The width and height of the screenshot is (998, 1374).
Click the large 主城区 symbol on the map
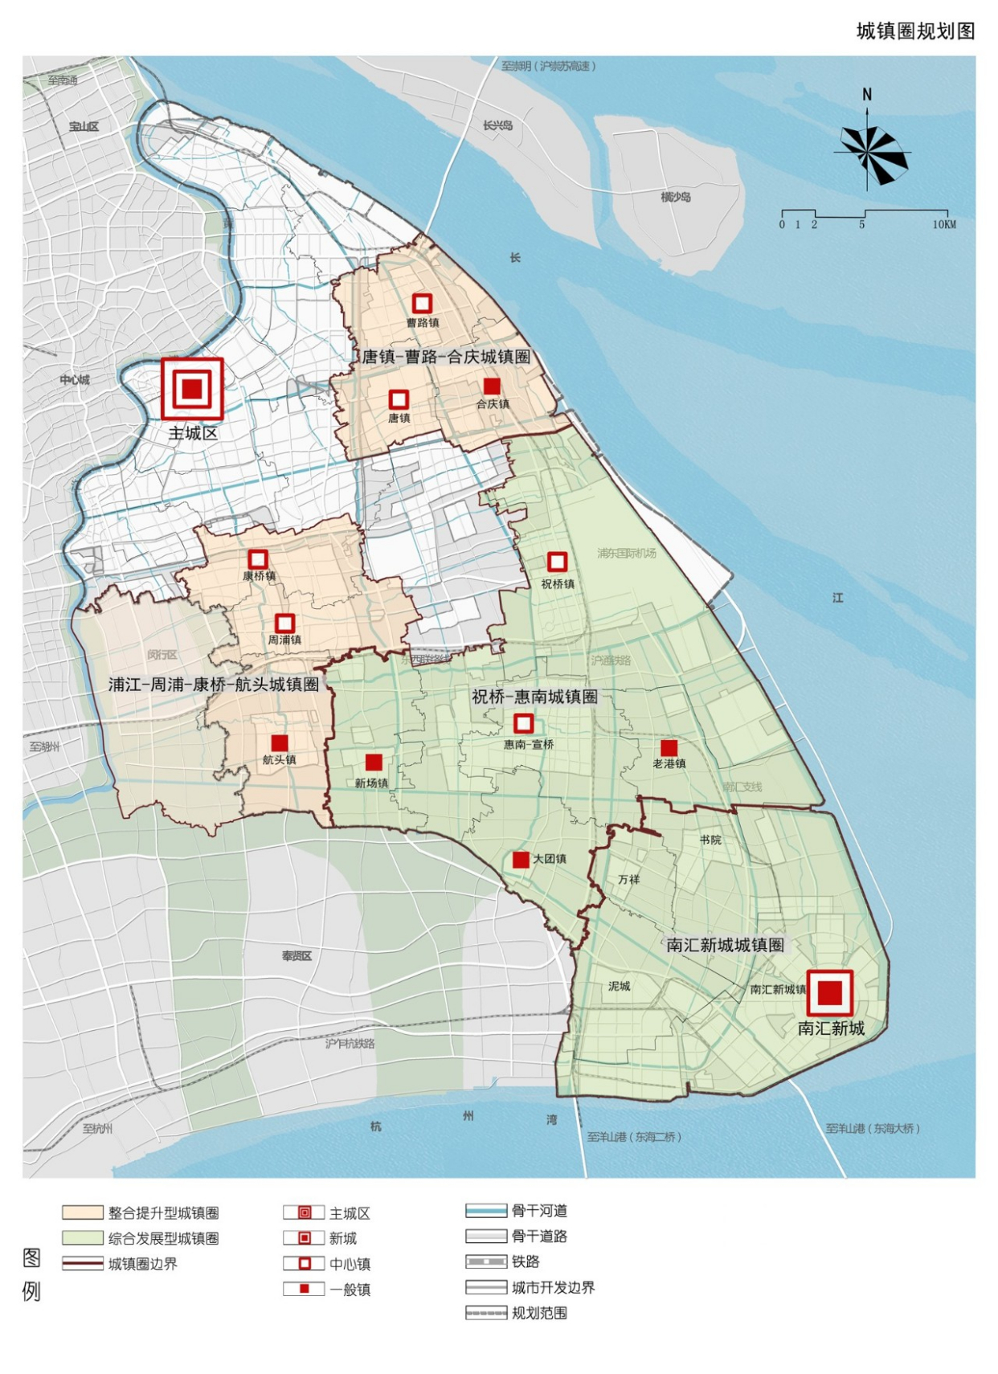192,389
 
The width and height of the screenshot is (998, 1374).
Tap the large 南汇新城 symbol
829,993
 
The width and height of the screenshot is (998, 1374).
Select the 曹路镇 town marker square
422,304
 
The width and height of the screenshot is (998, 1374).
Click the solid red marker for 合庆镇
492,386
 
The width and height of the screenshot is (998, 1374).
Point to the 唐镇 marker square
399,399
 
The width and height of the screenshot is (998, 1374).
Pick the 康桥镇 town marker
258,559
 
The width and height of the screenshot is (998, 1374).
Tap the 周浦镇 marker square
284,624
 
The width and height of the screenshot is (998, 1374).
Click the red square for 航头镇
280,743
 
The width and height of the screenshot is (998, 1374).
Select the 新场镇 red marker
374,763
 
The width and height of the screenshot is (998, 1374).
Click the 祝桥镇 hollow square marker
557,562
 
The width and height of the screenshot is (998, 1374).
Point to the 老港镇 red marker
669,748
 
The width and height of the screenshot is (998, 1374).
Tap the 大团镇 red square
521,860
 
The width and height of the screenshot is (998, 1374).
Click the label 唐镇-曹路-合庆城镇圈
446,357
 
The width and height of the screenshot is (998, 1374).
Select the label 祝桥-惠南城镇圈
534,697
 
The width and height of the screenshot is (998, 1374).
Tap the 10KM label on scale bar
944,225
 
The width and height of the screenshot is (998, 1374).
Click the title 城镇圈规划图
915,31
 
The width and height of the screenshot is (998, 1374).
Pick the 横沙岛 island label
675,197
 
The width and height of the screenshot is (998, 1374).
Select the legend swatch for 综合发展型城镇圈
83,1238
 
